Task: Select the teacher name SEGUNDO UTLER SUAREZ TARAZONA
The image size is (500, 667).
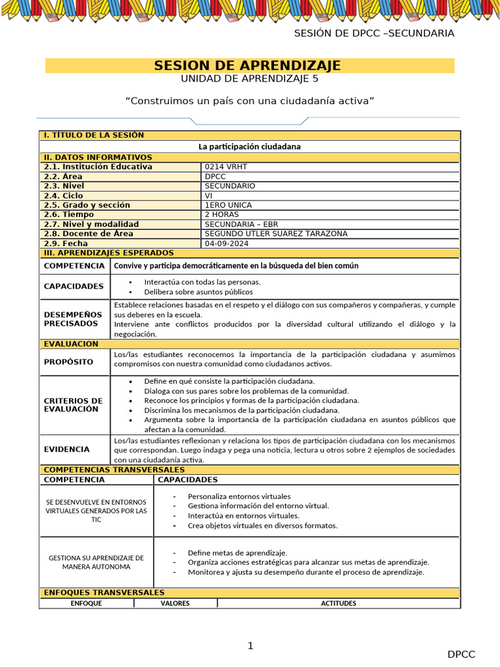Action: (x=276, y=233)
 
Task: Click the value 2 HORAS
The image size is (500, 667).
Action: (x=221, y=214)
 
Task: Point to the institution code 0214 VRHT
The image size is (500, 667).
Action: (x=226, y=167)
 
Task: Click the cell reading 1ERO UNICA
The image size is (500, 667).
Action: (x=228, y=205)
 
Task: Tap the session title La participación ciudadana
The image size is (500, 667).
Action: (x=249, y=147)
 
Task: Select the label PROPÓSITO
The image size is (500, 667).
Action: (x=68, y=362)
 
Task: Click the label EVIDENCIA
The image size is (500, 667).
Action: (x=66, y=449)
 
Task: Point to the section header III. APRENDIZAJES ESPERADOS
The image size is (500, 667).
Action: (x=109, y=253)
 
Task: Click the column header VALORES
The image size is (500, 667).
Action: (x=175, y=603)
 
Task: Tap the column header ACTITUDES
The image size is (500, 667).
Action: (x=339, y=603)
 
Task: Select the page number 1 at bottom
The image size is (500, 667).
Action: (x=250, y=646)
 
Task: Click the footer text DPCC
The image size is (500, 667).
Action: (x=461, y=655)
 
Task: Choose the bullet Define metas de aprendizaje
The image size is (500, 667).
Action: (x=237, y=552)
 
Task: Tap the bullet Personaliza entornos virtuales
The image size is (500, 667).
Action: (x=239, y=496)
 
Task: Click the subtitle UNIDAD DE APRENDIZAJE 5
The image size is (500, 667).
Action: (x=249, y=79)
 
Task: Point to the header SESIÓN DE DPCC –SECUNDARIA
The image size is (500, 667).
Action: (x=374, y=34)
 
